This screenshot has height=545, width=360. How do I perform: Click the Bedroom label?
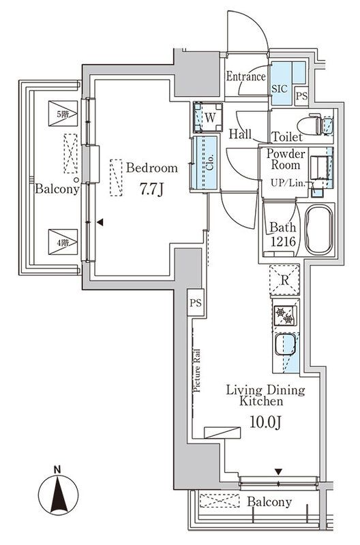click(x=151, y=168)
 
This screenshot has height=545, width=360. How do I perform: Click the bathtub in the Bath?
click(x=317, y=231)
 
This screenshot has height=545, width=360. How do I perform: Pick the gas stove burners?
click(x=284, y=315)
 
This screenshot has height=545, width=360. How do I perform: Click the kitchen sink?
click(x=284, y=345)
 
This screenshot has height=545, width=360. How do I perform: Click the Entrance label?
click(x=245, y=77)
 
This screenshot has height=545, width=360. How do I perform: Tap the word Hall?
click(x=241, y=134)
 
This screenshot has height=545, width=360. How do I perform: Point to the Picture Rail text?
click(x=196, y=371)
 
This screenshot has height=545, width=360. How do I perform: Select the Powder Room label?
click(x=286, y=159)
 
